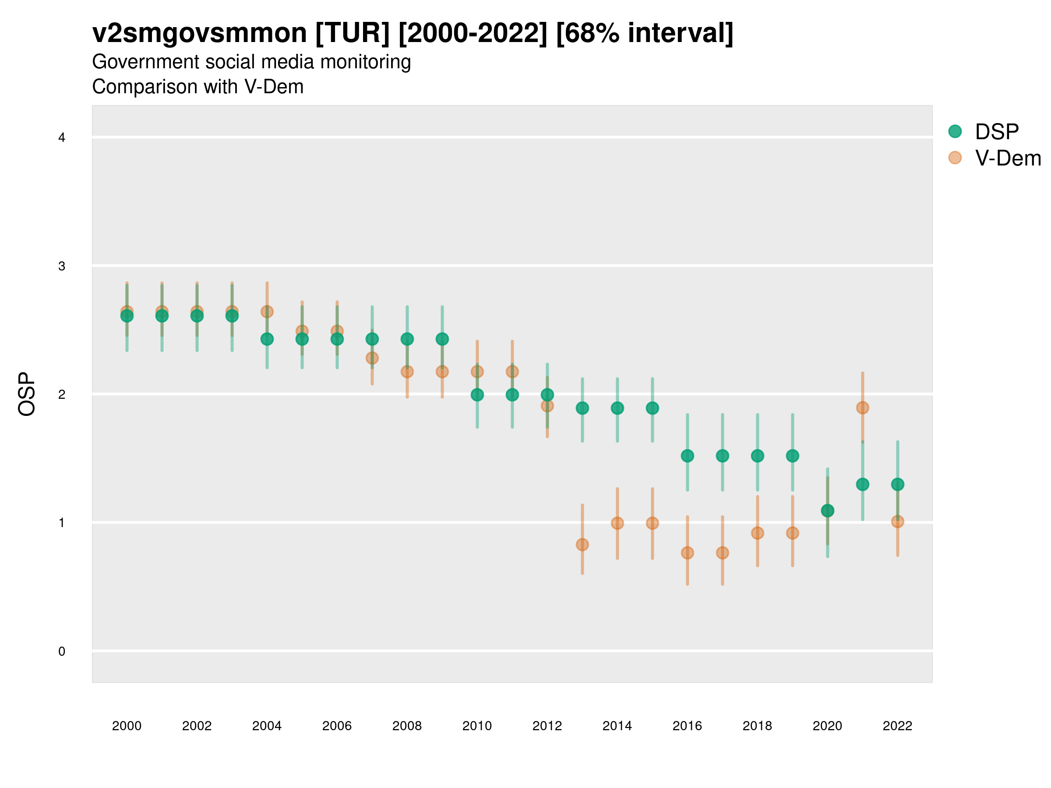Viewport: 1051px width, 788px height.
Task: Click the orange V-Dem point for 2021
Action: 862,408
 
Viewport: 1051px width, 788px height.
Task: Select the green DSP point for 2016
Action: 687,456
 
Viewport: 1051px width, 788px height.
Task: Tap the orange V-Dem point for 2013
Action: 582,544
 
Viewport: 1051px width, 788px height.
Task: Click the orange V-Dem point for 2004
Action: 267,312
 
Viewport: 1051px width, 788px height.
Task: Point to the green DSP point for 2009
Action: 442,339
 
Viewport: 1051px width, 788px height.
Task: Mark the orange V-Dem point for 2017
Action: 722,553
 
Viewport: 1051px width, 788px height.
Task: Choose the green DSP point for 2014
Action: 617,408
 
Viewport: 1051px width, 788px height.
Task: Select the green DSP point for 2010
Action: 477,395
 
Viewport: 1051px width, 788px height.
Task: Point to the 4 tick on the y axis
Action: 62,138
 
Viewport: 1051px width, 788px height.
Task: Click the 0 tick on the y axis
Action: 62,651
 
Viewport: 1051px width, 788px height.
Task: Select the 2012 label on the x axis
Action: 547,726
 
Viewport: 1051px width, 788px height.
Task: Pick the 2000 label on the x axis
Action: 127,726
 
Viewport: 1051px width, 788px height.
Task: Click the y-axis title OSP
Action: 27,394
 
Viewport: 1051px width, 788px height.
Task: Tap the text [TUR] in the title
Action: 352,33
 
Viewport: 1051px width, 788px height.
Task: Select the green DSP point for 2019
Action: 793,456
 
